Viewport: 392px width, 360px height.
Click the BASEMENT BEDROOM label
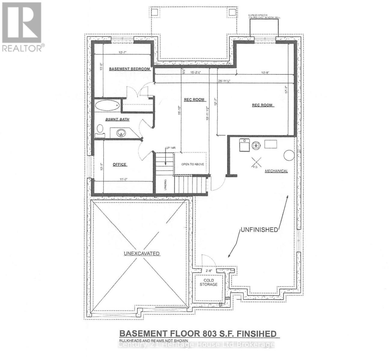tap(129, 69)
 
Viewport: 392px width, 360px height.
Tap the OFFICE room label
tap(119, 164)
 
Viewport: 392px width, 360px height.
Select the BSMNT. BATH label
tap(117, 119)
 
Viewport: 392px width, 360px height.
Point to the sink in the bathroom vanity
tap(121, 133)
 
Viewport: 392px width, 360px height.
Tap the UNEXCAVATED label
tap(141, 253)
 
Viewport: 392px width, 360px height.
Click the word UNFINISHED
tap(259, 230)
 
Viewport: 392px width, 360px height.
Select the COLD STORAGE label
tap(208, 282)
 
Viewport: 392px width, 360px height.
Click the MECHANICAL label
tap(276, 171)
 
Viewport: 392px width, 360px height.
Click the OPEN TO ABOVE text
tap(193, 164)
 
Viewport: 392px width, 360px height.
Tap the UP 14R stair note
tap(170, 148)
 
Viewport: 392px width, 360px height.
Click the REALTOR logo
tap(22, 27)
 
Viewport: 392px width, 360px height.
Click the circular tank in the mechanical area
tap(289, 155)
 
